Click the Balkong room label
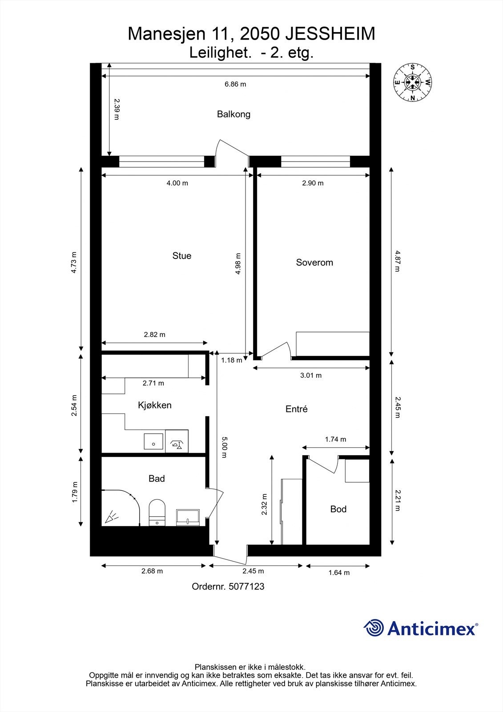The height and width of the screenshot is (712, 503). pos(233,114)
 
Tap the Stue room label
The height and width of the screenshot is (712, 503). pos(181,255)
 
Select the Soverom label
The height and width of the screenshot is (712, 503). pos(314,263)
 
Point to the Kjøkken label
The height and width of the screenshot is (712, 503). pos(154,405)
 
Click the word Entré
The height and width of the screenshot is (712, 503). pos(296,409)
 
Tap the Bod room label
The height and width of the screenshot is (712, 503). pos(338,509)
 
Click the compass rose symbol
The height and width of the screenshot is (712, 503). pos(413,82)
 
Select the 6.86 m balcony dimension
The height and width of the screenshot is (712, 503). pos(235,84)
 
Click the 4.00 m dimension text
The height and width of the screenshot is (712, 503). pos(177,183)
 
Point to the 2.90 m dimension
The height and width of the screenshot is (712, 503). pos(313,183)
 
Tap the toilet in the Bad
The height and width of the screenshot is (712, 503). pos(157,512)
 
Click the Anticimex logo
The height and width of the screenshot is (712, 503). pos(421,628)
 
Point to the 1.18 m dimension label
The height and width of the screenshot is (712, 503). pos(232,360)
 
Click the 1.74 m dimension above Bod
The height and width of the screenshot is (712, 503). pos(335,439)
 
